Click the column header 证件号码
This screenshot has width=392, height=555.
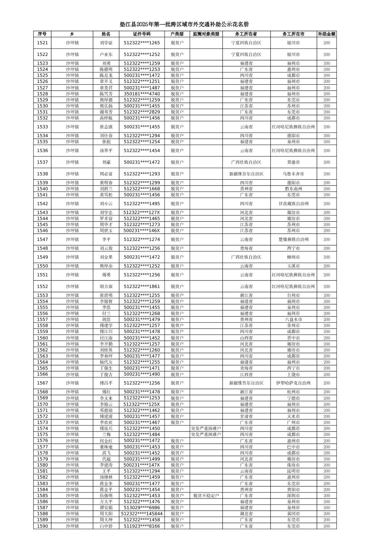click(x=142, y=34)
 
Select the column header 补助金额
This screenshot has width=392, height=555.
click(x=326, y=34)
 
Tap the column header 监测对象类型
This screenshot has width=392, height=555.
click(x=206, y=34)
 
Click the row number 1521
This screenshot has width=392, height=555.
click(x=42, y=43)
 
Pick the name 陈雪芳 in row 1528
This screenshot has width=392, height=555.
click(x=106, y=94)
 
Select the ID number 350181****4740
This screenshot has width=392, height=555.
click(x=142, y=94)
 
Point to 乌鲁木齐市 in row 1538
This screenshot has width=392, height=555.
click(x=293, y=174)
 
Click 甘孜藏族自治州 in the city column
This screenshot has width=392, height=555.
click(x=293, y=204)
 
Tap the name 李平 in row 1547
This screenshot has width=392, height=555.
click(x=106, y=240)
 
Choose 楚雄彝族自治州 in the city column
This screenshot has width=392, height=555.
click(x=293, y=240)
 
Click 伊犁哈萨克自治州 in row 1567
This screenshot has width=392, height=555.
click(x=293, y=383)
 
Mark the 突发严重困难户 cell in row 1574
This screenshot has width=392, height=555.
click(x=206, y=428)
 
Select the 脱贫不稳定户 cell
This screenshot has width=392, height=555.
click(x=206, y=495)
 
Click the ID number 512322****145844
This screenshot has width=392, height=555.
click(x=142, y=514)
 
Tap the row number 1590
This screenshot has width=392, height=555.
click(x=42, y=526)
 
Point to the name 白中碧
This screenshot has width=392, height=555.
click(x=106, y=526)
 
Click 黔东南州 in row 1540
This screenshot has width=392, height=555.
click(x=293, y=189)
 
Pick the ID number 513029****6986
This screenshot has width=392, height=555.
click(x=142, y=508)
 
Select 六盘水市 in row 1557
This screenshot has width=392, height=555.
click(x=293, y=319)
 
